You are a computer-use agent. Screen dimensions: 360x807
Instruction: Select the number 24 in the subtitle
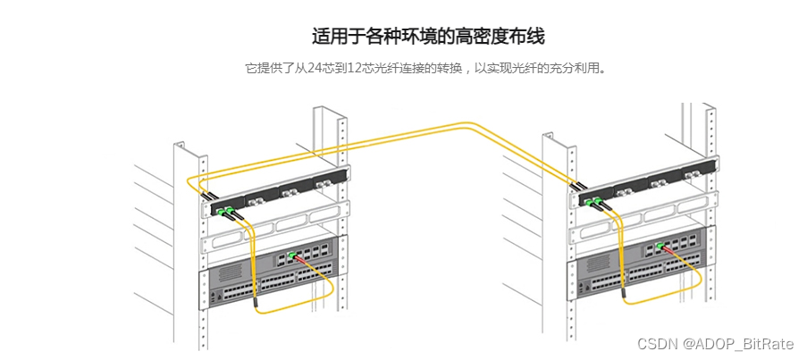[x=315, y=69]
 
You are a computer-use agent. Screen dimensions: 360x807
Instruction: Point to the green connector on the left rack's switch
[x=290, y=256]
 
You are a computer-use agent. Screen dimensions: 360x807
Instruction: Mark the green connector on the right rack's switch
[x=660, y=247]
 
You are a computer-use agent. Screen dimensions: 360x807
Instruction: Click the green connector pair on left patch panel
[x=225, y=212]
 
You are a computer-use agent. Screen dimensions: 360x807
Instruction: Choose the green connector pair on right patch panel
[x=593, y=202]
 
